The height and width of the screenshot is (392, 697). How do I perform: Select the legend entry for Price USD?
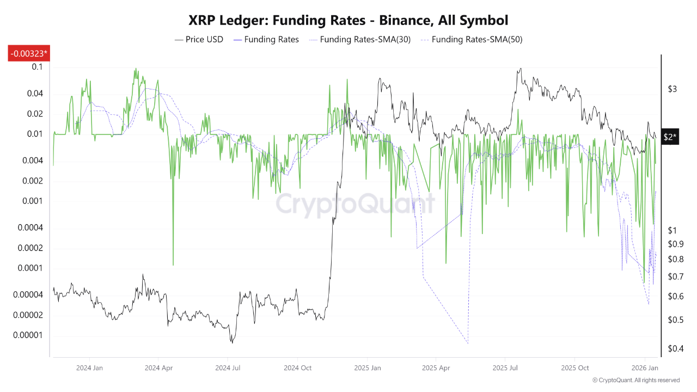[x=199, y=39]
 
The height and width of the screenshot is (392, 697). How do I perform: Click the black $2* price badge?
[x=670, y=137]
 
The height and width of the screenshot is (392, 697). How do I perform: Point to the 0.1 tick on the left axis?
[x=37, y=66]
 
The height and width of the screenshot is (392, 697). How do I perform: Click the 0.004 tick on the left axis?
[x=33, y=160]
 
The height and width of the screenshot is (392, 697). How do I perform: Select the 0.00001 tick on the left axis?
[x=28, y=335]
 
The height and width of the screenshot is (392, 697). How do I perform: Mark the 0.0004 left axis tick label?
[x=30, y=228]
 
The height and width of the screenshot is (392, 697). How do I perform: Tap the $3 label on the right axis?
[x=672, y=89]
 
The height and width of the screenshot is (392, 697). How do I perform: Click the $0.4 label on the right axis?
[x=675, y=348]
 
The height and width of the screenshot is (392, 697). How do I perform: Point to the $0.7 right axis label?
[x=675, y=277]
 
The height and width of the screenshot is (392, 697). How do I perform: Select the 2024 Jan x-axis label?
[x=90, y=367]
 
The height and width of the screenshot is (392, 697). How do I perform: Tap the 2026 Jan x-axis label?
[x=645, y=367]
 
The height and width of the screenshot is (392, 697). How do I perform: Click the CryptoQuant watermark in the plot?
[x=354, y=205]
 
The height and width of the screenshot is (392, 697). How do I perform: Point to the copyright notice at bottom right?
[x=635, y=380]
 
